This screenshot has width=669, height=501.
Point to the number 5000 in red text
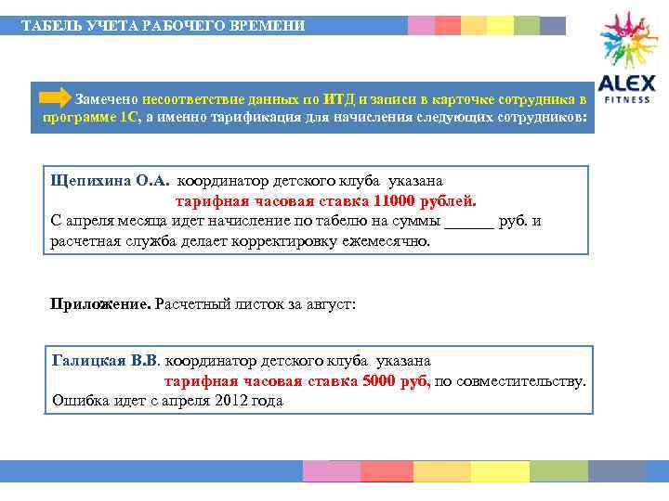380,380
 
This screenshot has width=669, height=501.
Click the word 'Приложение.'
99,303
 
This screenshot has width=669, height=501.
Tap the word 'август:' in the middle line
330,303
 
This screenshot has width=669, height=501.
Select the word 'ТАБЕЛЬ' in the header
47,25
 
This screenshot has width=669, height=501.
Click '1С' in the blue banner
128,119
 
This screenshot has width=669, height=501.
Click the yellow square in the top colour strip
500,25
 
